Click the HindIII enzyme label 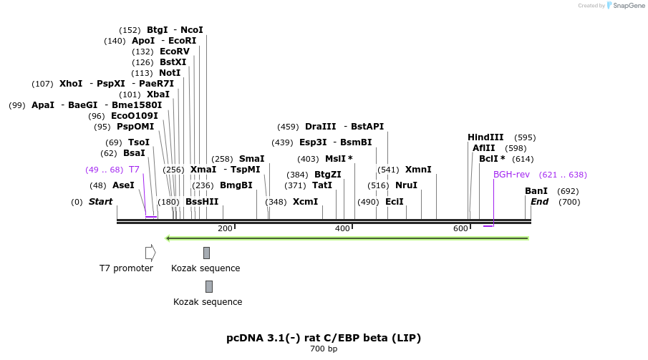(485, 137)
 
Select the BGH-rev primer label (511, 175)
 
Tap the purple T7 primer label (134, 170)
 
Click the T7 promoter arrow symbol (150, 253)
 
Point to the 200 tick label (225, 228)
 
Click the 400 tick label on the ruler (342, 228)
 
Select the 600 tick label (460, 228)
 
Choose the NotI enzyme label (170, 73)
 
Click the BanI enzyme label (536, 191)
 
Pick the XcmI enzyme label (305, 202)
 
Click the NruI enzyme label (406, 185)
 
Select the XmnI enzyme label (418, 170)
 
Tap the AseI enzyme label (123, 185)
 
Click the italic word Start (100, 202)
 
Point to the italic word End (539, 202)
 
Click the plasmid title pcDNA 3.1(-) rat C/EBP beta (324, 337)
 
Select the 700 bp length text (324, 349)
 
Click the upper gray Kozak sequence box (206, 253)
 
